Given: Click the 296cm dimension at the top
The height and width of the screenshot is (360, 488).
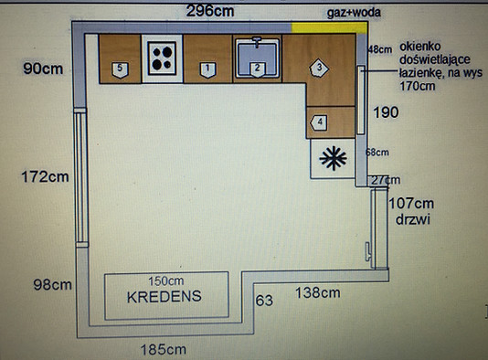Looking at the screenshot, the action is point(210,12).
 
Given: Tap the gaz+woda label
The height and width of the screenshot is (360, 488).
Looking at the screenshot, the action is point(354,13).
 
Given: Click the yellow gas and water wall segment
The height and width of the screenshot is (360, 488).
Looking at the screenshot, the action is point(330,27).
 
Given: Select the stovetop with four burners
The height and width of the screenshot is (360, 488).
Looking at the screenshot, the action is point(162,58).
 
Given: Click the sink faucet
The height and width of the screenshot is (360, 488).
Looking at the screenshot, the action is point(257,42).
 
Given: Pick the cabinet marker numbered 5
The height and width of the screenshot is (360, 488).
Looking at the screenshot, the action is point(120,70).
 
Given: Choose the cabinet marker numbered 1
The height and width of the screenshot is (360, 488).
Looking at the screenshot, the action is point(207,70).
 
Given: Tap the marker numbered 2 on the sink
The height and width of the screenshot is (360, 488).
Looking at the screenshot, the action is point(258,70).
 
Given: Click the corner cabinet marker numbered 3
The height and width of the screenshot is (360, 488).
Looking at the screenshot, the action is point(319,68).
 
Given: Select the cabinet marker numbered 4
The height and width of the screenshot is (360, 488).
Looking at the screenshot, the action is point(319,123).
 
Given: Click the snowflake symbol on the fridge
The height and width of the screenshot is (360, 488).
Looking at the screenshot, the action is point(333,158).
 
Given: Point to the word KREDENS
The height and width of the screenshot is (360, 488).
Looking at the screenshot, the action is point(164,297).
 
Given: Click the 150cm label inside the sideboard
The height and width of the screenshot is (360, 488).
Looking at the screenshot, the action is point(166,281).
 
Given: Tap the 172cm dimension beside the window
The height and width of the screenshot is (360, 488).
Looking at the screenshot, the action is point(45,176).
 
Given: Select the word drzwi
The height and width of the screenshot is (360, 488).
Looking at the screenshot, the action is point(413,219).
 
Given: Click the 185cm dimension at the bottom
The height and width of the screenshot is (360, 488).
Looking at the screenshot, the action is point(164,350).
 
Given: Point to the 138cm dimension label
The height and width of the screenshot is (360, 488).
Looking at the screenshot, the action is point(317,292).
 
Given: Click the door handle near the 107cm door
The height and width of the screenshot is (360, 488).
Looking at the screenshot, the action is point(368,251).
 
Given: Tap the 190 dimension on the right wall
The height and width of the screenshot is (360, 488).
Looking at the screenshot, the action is point(386,112).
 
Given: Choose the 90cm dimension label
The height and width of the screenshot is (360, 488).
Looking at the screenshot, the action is point(43,69).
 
